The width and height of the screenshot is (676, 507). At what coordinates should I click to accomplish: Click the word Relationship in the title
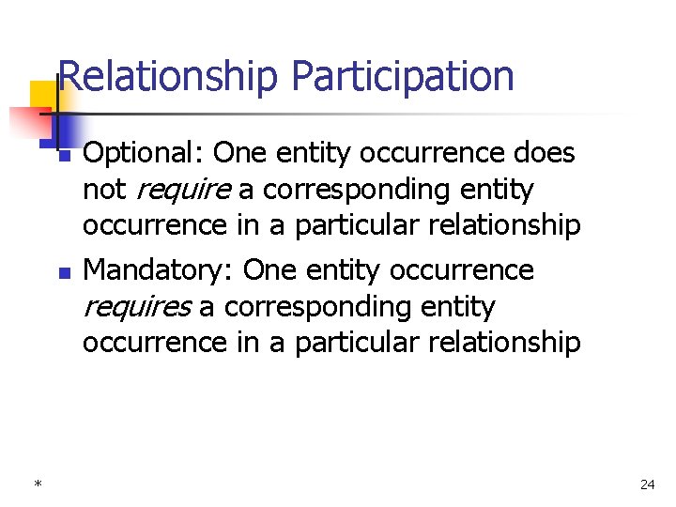click(168, 77)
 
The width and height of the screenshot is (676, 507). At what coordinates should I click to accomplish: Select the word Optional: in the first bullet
click(144, 153)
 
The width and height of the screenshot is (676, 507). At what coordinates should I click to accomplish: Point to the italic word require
click(184, 190)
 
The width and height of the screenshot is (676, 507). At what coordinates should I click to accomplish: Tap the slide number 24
click(647, 484)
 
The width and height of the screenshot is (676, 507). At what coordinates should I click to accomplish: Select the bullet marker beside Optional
click(64, 155)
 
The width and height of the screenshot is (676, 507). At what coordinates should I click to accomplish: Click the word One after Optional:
click(241, 153)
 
